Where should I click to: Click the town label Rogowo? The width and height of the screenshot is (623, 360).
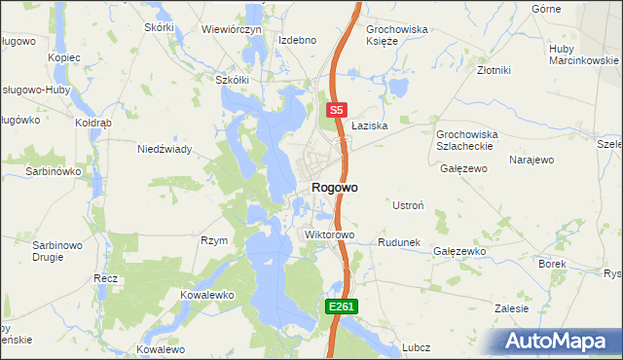pyautogui.click(x=334, y=188)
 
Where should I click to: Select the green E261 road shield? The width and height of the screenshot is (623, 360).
pyautogui.click(x=342, y=306)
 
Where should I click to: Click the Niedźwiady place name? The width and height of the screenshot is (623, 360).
pyautogui.click(x=165, y=149)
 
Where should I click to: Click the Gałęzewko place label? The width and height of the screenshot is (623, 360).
pyautogui.click(x=459, y=251)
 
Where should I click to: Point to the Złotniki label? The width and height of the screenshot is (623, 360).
pyautogui.click(x=495, y=70)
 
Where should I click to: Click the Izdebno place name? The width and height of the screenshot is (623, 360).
pyautogui.click(x=298, y=40)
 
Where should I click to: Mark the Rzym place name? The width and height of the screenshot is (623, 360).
pyautogui.click(x=213, y=240)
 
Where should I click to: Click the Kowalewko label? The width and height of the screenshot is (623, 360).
pyautogui.click(x=209, y=293)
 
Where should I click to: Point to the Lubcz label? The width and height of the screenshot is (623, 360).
pyautogui.click(x=416, y=346)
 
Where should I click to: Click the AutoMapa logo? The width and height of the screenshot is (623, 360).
pyautogui.click(x=557, y=342)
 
